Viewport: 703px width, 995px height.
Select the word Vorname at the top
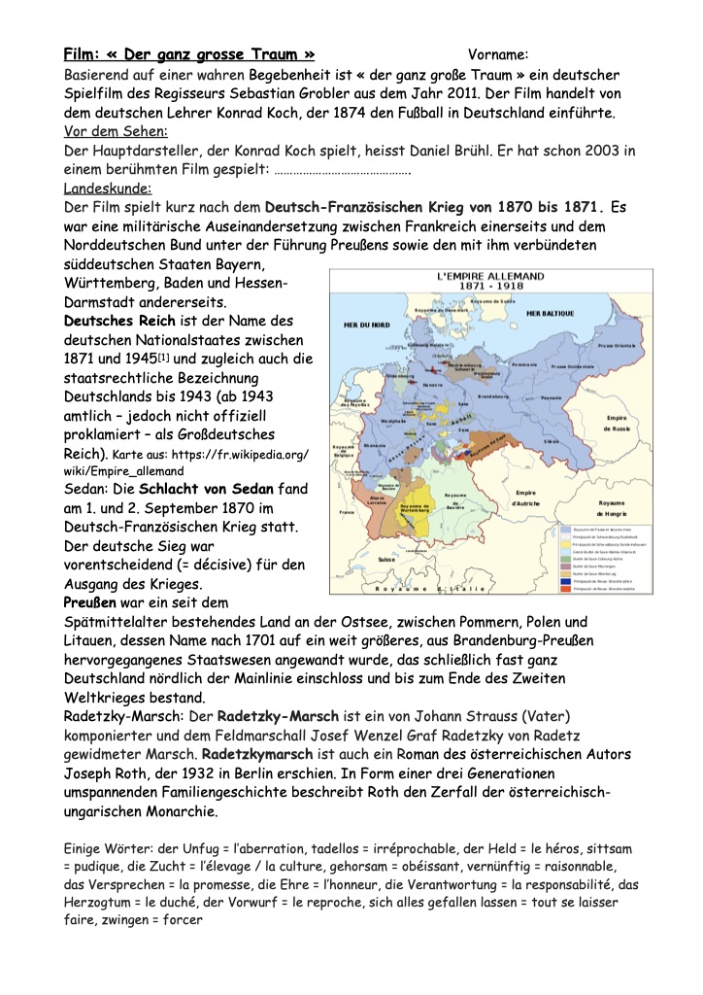coord(497,54)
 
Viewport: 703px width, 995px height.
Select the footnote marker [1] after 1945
coord(171,358)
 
